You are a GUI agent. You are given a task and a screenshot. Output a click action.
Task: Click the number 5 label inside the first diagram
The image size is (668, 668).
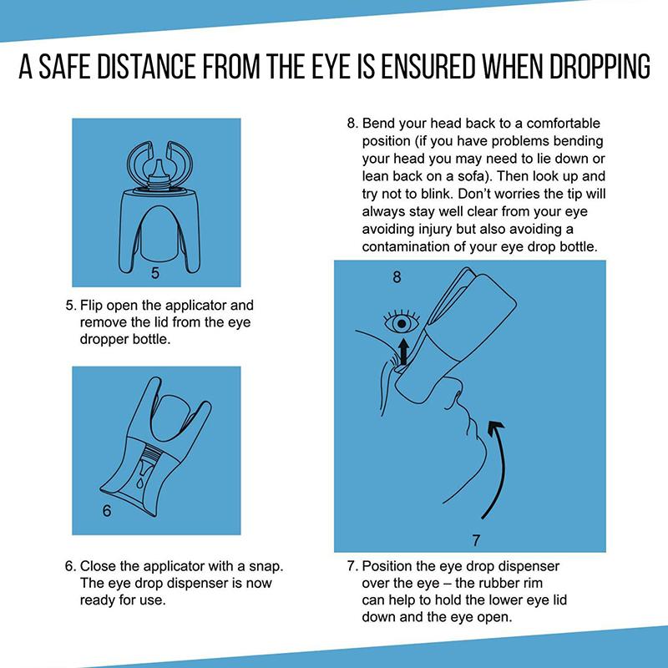coord(155,272)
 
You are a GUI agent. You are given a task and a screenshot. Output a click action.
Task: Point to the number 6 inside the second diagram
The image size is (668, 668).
coord(106,511)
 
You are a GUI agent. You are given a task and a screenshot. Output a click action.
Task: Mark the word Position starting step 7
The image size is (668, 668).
coord(390,566)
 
